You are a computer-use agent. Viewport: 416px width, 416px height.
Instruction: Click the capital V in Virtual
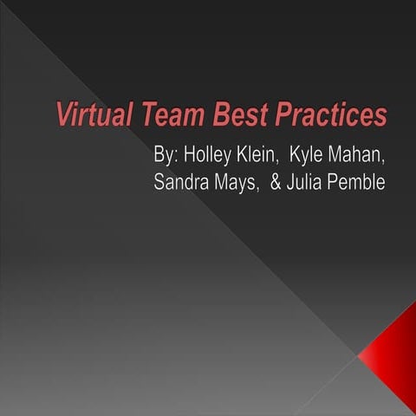click(63, 114)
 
